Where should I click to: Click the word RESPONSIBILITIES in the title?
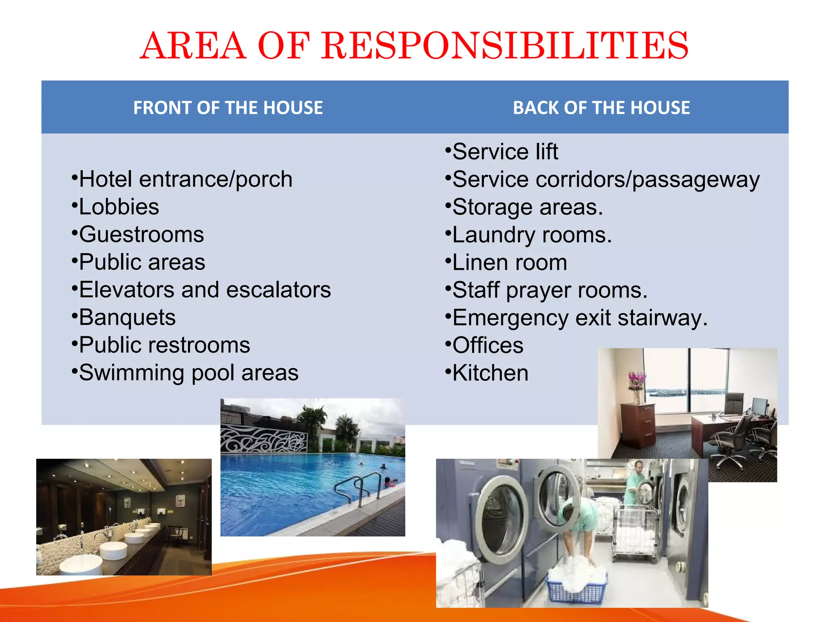pyautogui.click(x=505, y=45)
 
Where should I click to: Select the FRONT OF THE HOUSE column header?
pyautogui.click(x=228, y=108)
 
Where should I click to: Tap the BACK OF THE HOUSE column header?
pyautogui.click(x=601, y=108)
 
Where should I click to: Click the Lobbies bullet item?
pyautogui.click(x=119, y=207)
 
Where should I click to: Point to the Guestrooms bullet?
pyautogui.click(x=141, y=234)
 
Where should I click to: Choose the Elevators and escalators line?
pyautogui.click(x=205, y=290)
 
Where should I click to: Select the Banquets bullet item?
pyautogui.click(x=127, y=317)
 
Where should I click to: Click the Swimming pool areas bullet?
pyautogui.click(x=188, y=373)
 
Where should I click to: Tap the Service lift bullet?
pyautogui.click(x=505, y=152)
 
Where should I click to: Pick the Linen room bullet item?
pyautogui.click(x=509, y=262)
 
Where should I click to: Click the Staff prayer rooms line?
pyautogui.click(x=550, y=290)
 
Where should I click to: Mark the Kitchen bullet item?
pyautogui.click(x=490, y=373)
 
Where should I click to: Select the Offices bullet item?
pyautogui.click(x=488, y=345)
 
